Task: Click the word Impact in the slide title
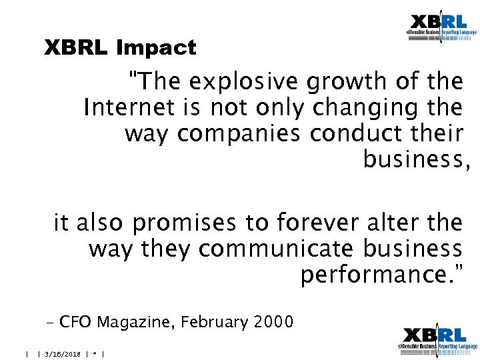click(x=156, y=48)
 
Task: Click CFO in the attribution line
click(x=75, y=323)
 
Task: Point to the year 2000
click(x=273, y=323)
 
